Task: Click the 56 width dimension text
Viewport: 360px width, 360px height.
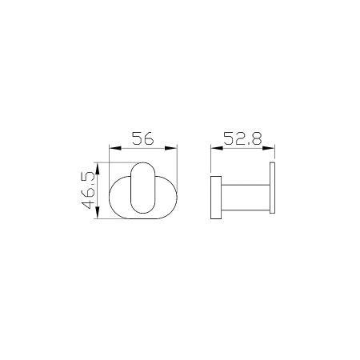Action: [142, 138]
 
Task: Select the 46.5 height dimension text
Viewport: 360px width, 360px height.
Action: [89, 190]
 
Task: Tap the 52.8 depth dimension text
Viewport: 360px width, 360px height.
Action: [242, 138]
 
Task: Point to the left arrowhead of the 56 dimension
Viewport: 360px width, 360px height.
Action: [111, 147]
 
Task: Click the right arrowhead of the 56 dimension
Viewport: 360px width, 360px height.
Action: [173, 147]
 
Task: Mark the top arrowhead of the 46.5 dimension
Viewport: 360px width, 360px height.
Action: [97, 166]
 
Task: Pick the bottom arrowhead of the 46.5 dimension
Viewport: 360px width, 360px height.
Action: [97, 216]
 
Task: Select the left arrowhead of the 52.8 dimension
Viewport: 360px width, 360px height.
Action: [214, 147]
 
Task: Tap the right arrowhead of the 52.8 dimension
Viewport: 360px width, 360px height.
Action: [271, 147]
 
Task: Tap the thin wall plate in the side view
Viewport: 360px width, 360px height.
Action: [273, 192]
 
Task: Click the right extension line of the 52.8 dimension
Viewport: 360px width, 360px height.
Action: [274, 156]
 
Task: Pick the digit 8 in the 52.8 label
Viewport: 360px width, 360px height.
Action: [258, 138]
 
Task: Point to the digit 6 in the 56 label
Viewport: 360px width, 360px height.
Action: [149, 138]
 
